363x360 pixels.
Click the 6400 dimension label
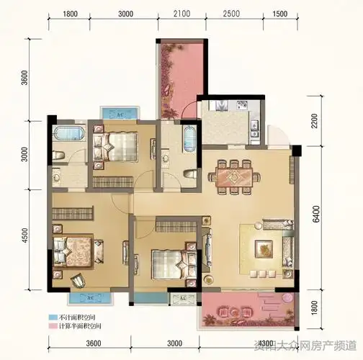pyautogui.click(x=315, y=214)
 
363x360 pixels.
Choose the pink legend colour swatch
pyautogui.click(x=53, y=327)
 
